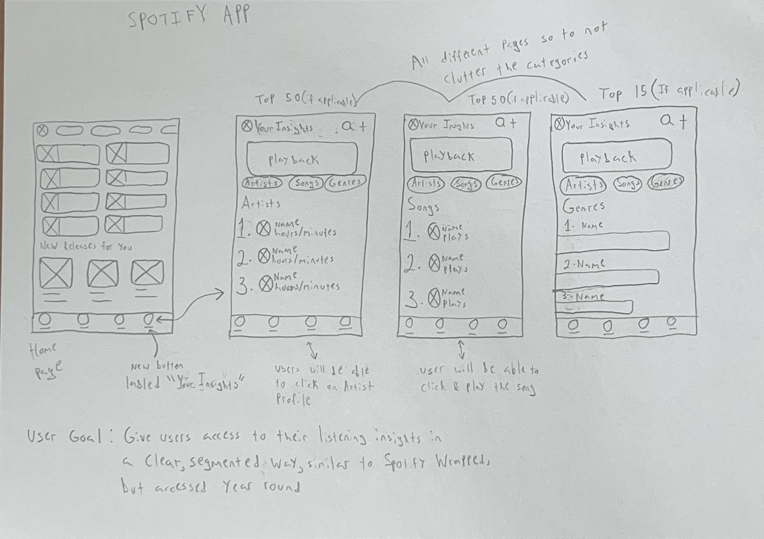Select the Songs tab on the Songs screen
tap(466, 183)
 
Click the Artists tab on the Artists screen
tap(262, 183)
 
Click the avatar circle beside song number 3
tap(434, 299)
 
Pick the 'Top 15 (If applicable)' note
tap(669, 92)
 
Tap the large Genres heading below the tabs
tap(583, 207)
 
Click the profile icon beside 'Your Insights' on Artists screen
tap(247, 126)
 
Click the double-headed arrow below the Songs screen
tap(461, 350)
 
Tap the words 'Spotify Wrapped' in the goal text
tap(436, 462)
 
